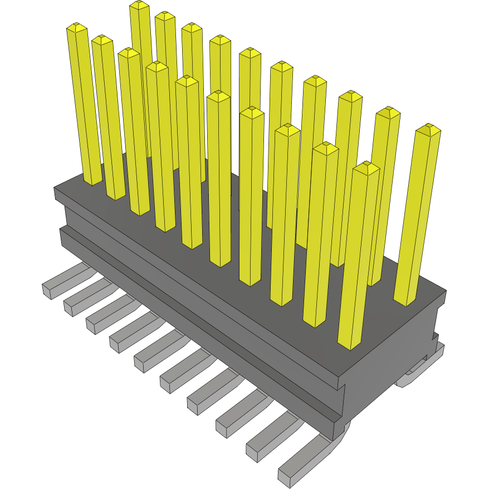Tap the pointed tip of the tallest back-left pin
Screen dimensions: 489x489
point(140,4)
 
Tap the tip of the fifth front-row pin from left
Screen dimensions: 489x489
point(187,81)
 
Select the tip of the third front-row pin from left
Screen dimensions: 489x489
point(129,52)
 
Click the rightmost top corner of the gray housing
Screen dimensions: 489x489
point(446,291)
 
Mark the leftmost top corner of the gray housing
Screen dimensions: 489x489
point(55,188)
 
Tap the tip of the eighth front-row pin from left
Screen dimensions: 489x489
point(287,129)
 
